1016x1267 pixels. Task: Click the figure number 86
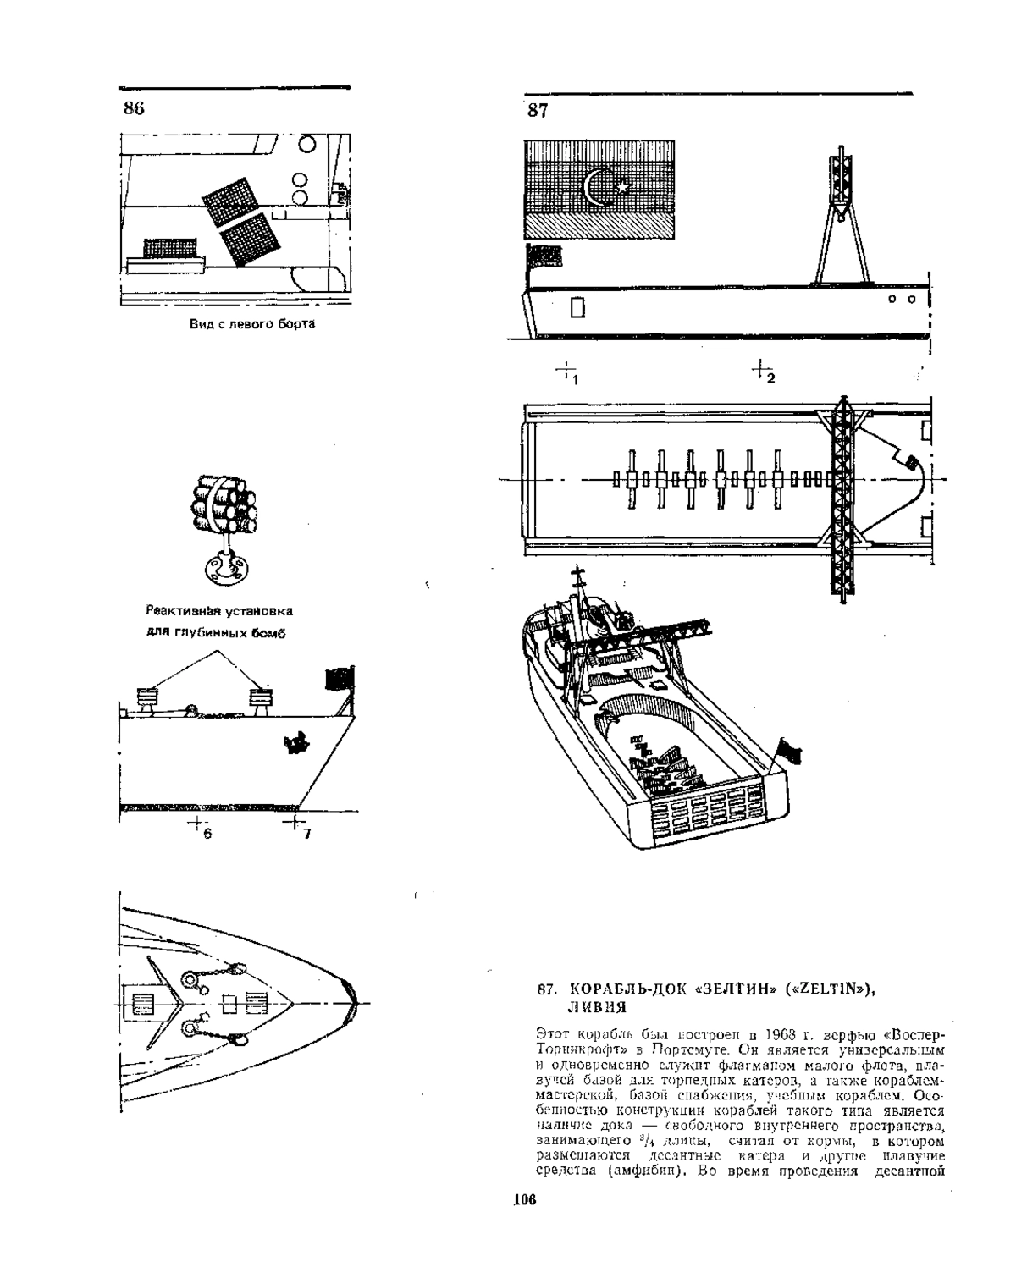click(x=134, y=107)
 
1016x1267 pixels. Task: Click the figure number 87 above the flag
click(x=538, y=111)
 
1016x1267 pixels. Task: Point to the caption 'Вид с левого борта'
click(x=252, y=323)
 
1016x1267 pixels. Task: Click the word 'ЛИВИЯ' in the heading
click(x=596, y=1007)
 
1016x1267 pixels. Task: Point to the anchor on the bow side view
click(x=295, y=744)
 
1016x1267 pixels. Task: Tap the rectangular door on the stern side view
click(x=577, y=308)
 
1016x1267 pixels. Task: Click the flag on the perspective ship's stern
click(x=788, y=750)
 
